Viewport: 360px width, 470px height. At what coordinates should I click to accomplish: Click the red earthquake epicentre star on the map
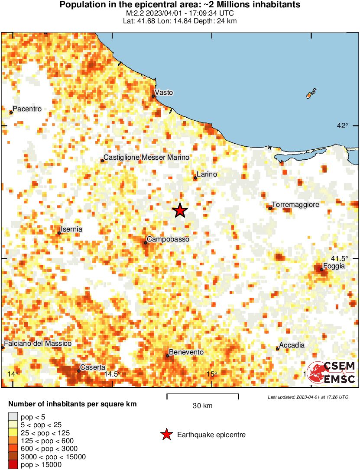tap(180, 211)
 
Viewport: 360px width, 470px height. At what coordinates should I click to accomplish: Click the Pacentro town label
tap(27, 109)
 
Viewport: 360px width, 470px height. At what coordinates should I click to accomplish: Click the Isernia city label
tap(72, 229)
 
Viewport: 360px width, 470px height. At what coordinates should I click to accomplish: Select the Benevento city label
tap(186, 352)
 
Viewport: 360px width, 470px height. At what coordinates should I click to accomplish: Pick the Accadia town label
tap(292, 345)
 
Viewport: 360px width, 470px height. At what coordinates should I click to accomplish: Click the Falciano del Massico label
tap(38, 343)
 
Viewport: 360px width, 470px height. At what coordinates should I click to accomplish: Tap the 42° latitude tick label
tap(342, 126)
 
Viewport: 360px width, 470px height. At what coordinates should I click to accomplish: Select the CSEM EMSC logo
tap(331, 373)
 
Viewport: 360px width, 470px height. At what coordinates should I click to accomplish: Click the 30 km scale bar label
tap(202, 406)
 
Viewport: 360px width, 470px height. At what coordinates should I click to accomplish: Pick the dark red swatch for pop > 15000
tap(13, 465)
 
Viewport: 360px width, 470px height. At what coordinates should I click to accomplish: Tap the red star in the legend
tap(166, 435)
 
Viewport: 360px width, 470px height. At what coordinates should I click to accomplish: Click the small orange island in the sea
tap(310, 94)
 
